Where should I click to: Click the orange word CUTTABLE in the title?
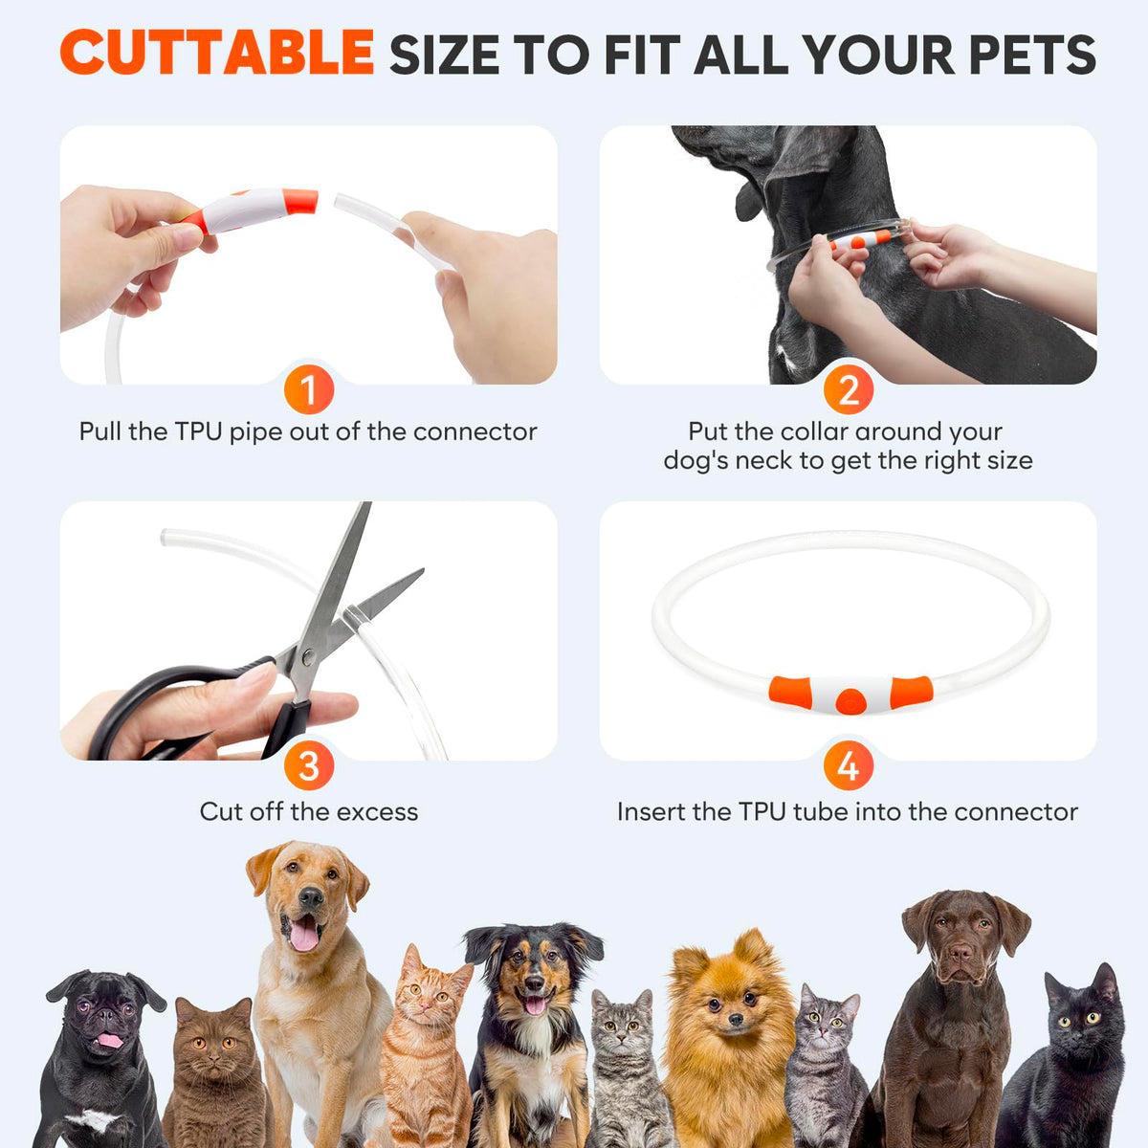pos(217,53)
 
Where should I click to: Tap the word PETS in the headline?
pos(1032,55)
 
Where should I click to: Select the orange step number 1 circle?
pos(309,389)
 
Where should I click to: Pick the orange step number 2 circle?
pos(849,389)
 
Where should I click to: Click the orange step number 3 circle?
pos(309,765)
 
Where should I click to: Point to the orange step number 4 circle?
pos(849,765)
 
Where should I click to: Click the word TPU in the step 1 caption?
pos(198,431)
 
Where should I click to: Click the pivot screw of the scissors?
pos(308,657)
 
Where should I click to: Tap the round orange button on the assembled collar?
pos(850,701)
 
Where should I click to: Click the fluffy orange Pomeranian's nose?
pos(737,1018)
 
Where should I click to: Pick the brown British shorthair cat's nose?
pos(214,1059)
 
